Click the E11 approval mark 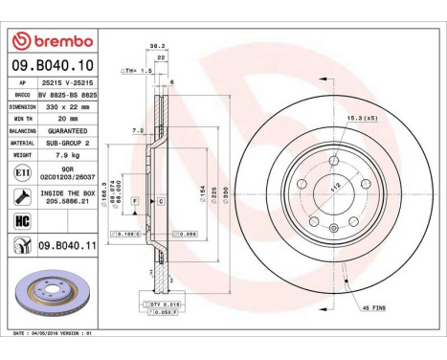(x=21, y=173)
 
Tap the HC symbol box (x=21, y=221)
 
